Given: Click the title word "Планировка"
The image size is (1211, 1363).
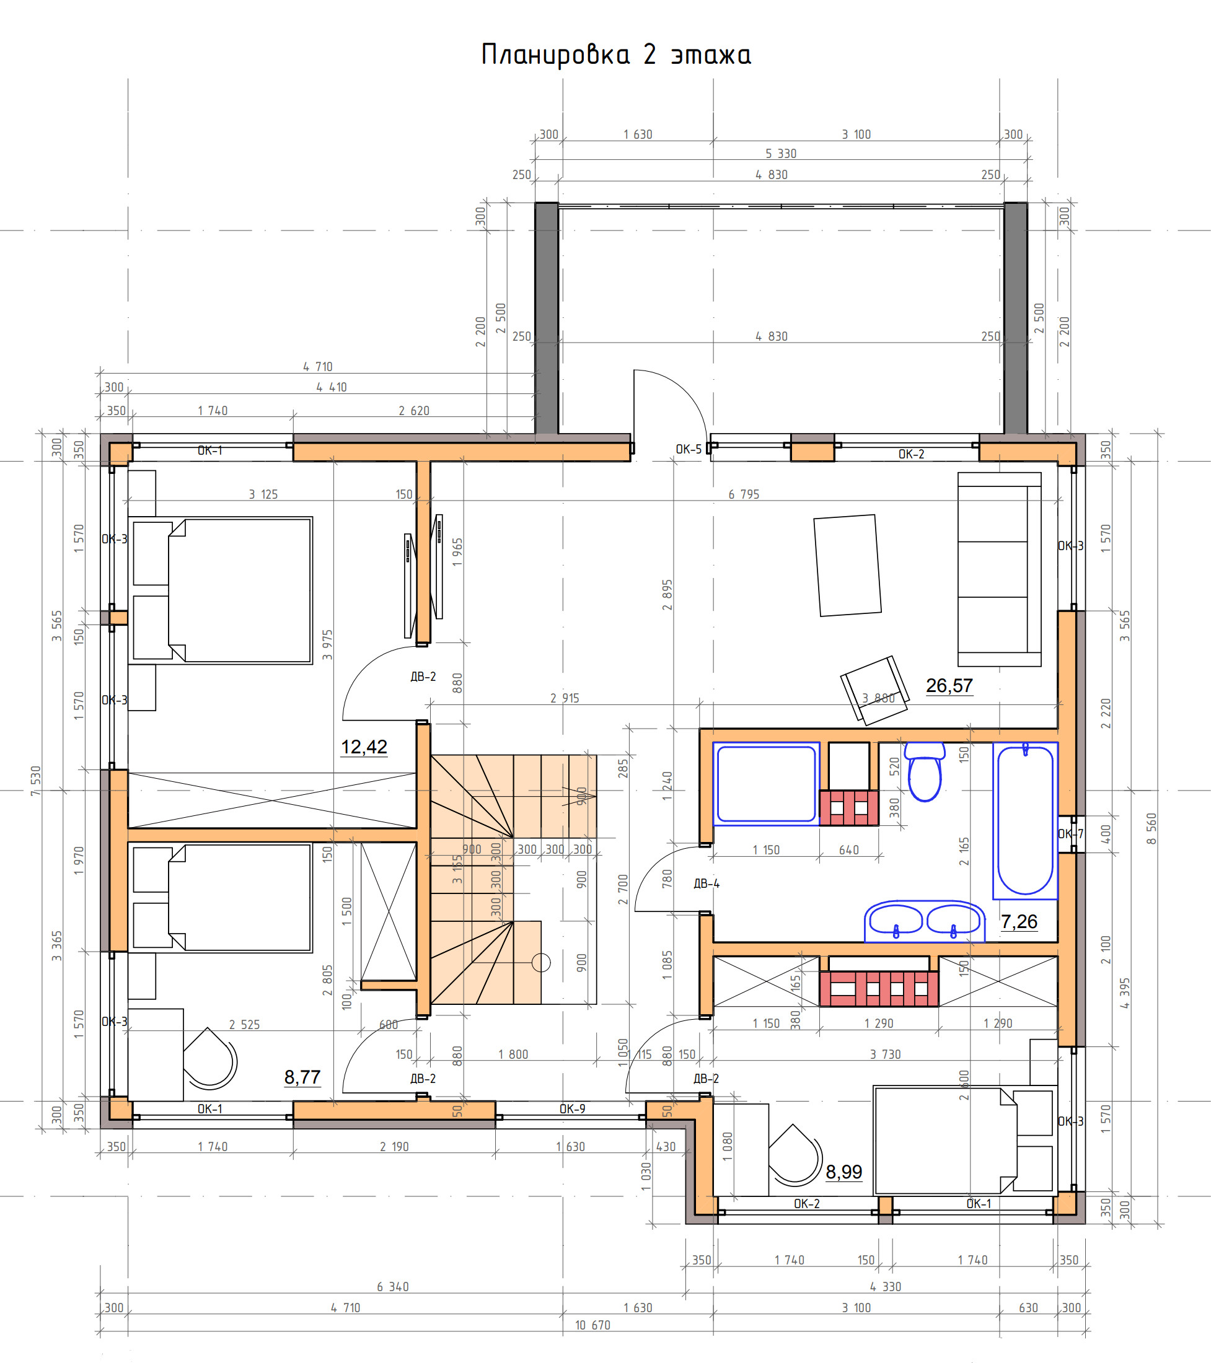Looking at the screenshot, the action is [555, 55].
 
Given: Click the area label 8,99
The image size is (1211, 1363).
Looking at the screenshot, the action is [844, 1172].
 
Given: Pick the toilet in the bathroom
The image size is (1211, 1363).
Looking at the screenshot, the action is [924, 771].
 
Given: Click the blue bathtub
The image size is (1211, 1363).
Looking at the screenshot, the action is [1025, 820].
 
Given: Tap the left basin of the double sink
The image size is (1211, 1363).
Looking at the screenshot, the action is [896, 920].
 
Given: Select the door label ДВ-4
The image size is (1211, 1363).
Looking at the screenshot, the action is [707, 884].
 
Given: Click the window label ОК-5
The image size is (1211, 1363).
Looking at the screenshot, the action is [689, 449].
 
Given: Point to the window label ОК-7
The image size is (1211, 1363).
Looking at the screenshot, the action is [1070, 833].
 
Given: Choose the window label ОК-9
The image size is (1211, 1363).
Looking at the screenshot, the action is [573, 1109].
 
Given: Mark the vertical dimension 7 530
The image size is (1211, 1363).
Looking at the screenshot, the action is [35, 781].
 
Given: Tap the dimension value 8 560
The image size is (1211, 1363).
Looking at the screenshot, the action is [1152, 829].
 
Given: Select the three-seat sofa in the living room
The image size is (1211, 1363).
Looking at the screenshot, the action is [999, 569].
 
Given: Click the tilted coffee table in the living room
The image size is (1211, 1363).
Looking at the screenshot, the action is [847, 566].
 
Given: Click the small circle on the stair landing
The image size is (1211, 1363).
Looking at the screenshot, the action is [541, 963].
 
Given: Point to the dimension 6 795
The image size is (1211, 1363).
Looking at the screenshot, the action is [744, 494].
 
